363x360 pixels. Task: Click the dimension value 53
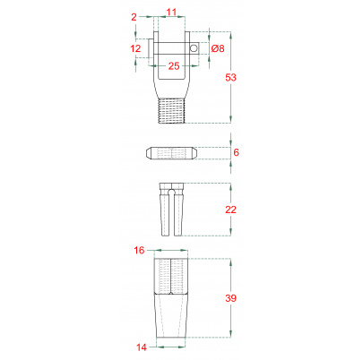tap(230, 77)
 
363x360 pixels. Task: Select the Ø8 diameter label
tap(218, 48)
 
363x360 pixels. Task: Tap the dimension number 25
tap(174, 66)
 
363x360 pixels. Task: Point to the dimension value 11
tap(171, 13)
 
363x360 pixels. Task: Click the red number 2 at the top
tap(134, 17)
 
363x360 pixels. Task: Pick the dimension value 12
tap(135, 48)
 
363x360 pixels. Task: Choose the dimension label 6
tap(236, 152)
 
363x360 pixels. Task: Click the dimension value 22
tap(230, 210)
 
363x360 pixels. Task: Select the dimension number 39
tap(230, 298)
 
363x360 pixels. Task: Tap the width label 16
tap(139, 250)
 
